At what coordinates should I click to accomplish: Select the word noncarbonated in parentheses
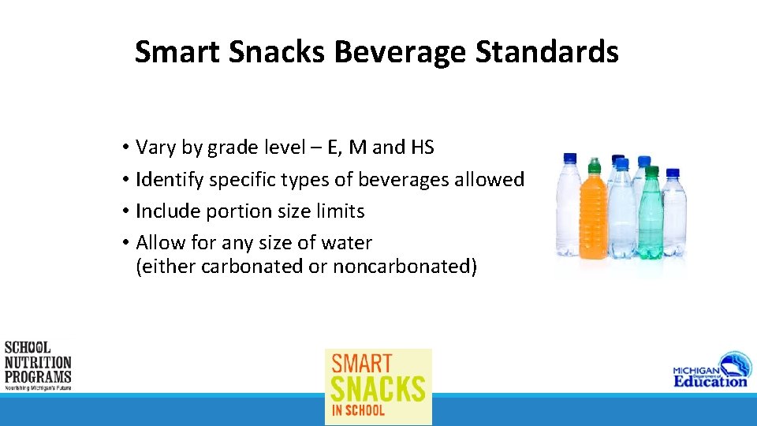coord(401,267)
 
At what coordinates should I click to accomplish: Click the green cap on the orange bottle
coord(595,165)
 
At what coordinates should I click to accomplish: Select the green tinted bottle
coord(650,217)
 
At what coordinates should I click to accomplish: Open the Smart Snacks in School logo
coord(378,387)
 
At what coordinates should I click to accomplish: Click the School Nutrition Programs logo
coord(37,365)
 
